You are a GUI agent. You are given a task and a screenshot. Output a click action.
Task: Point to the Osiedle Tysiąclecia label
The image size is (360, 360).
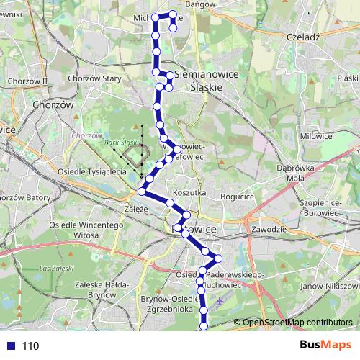point(92,172)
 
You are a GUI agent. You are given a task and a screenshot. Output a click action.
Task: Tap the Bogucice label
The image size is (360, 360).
point(239,196)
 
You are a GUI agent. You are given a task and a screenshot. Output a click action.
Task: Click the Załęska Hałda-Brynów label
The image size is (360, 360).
point(91,289)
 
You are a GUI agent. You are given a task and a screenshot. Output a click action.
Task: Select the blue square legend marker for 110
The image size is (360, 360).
point(12,346)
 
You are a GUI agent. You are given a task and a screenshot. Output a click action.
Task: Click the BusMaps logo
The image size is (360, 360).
point(323,346)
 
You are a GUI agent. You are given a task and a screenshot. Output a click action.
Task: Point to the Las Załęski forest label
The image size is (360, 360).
point(54,269)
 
